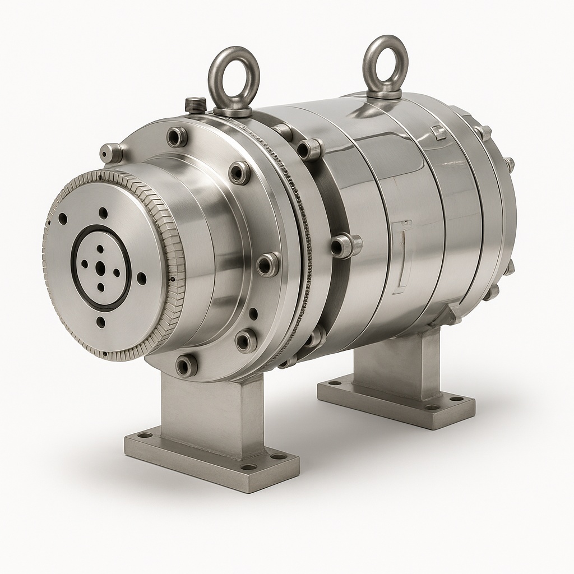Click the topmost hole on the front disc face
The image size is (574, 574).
[103, 213]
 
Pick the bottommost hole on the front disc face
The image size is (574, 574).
[100, 322]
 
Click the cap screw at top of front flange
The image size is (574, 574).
[177, 136]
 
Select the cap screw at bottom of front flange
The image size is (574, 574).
[186, 365]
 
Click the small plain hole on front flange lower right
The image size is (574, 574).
[253, 314]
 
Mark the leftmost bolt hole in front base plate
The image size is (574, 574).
[145, 435]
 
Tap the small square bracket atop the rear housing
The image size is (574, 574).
[439, 133]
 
